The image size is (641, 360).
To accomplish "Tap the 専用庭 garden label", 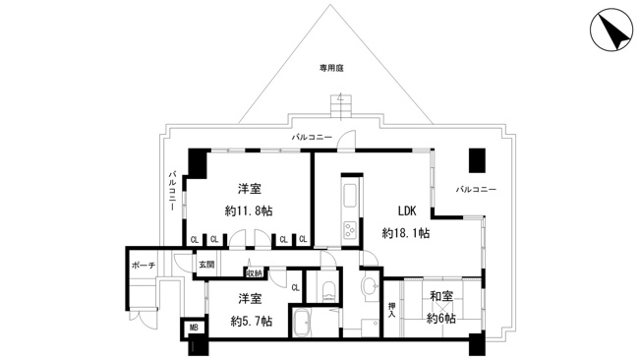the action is [x=331, y=68].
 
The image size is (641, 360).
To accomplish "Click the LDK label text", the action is [x=407, y=211].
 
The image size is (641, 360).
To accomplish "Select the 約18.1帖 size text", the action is [x=405, y=233].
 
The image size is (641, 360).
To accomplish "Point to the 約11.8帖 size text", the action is [x=249, y=211].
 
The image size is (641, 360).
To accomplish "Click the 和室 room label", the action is [x=441, y=296].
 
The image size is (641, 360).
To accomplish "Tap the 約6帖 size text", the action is [x=441, y=318].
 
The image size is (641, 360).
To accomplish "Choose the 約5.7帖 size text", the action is [x=251, y=321].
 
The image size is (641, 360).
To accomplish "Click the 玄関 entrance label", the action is [x=206, y=265].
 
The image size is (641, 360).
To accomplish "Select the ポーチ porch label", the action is [x=144, y=266].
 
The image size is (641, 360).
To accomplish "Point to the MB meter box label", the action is [x=194, y=328].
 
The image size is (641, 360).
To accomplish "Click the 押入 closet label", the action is [x=392, y=310].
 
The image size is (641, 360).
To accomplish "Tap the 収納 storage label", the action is [x=254, y=273].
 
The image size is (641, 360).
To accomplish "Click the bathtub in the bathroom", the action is [x=302, y=323].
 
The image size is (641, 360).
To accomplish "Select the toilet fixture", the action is [x=328, y=289].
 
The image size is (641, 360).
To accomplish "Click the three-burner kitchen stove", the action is [x=350, y=229].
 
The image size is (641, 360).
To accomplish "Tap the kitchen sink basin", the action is [x=350, y=196].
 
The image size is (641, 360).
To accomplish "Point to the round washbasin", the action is [x=372, y=285].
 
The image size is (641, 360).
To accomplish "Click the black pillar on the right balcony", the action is [x=477, y=160].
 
